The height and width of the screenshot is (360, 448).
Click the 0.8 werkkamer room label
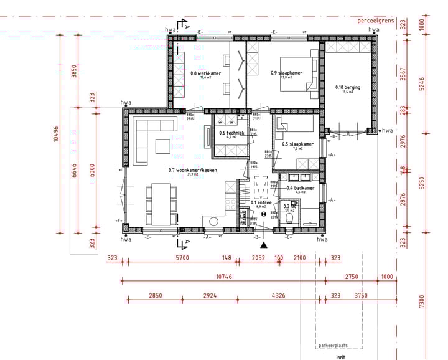tap(202, 73)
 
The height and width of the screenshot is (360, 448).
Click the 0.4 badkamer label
tap(300, 188)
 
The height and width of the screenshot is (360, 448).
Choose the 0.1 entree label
tap(261, 202)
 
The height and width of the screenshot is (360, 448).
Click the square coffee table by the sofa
tap(163, 146)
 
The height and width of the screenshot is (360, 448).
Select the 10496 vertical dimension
tap(57, 131)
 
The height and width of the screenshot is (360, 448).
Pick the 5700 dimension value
tap(182, 257)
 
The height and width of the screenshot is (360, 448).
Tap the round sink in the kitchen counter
tap(214, 220)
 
